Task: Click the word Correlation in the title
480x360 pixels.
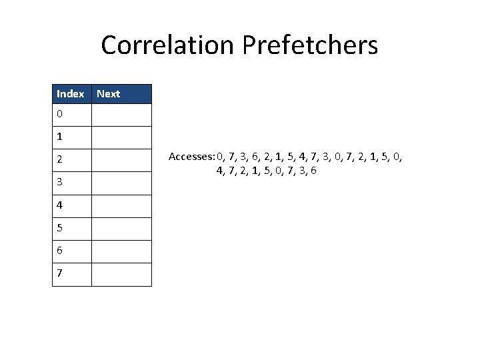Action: pos(170,46)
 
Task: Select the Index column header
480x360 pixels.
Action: pos(71,94)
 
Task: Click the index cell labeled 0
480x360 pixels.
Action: pos(72,115)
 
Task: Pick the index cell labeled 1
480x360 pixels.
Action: pos(72,137)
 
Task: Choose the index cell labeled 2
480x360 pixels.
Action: pos(72,160)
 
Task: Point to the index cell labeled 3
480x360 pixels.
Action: pos(72,183)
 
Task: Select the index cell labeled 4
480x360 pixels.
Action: pos(72,206)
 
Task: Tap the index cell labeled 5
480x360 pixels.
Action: pos(72,229)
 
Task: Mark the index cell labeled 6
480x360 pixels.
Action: pos(72,251)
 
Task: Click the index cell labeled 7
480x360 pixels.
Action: pos(72,274)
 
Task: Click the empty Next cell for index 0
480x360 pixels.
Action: pos(121,115)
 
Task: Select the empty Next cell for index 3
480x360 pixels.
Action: pos(121,183)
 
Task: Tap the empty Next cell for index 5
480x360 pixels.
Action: pos(121,229)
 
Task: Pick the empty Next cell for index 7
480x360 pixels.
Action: pos(121,274)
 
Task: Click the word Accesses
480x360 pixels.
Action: pos(191,157)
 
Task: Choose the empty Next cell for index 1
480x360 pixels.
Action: pos(121,137)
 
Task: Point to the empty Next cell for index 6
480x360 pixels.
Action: pos(121,251)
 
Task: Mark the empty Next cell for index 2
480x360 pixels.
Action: pos(121,160)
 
